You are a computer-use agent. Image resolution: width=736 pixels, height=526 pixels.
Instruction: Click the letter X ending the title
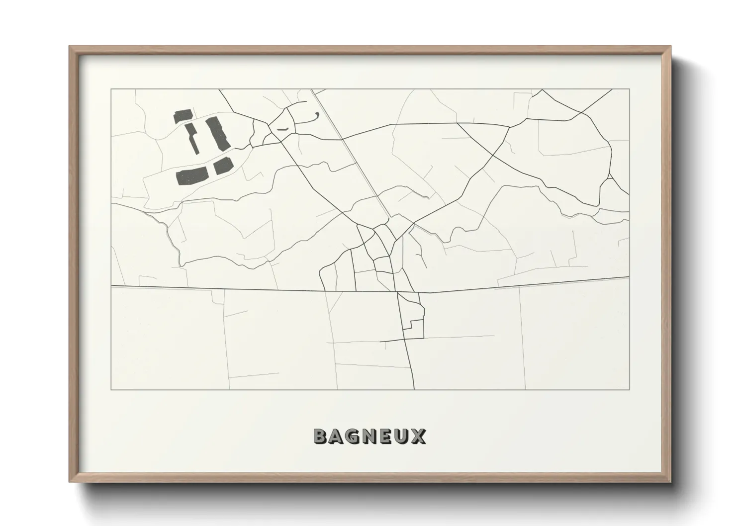[418, 436]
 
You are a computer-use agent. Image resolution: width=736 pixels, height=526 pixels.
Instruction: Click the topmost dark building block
[182, 116]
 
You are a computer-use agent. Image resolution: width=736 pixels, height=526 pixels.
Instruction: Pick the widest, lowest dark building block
[191, 175]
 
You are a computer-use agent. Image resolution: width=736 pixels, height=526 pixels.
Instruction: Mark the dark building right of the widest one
[223, 166]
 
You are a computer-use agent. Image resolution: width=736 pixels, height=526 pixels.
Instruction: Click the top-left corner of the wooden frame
[70, 47]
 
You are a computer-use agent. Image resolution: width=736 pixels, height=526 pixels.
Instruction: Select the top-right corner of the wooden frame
[670, 47]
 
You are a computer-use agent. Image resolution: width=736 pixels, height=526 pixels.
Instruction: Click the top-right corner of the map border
[630, 89]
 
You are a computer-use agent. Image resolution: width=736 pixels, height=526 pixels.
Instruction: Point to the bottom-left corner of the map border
[111, 390]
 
